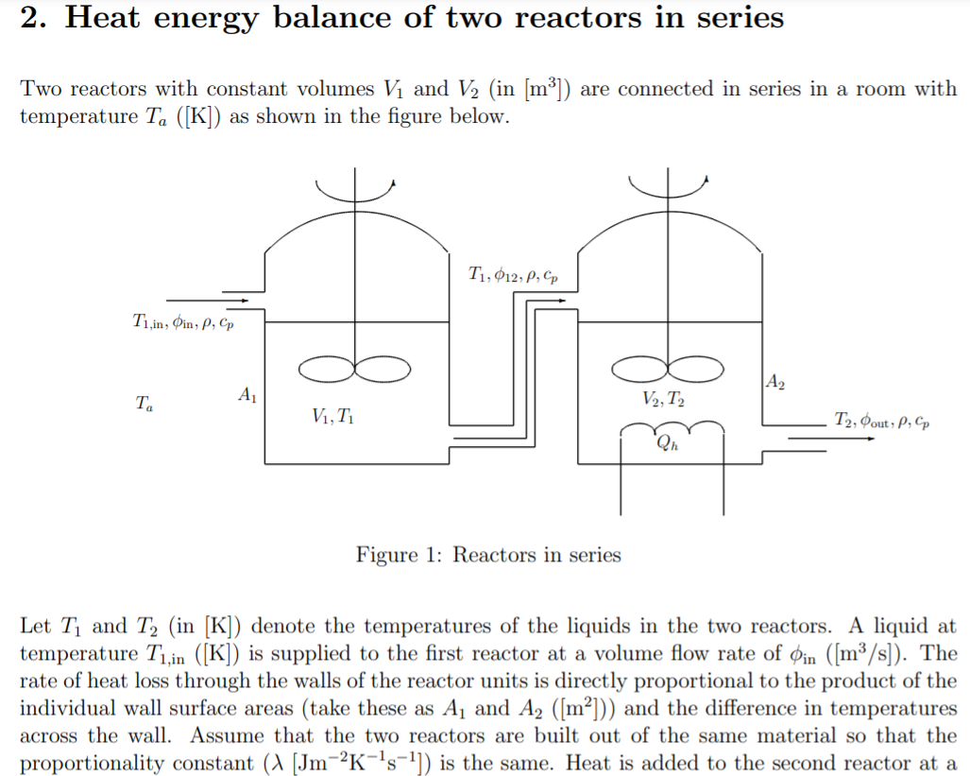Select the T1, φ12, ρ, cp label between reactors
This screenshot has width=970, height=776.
click(512, 276)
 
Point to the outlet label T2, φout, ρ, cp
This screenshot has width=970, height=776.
click(881, 419)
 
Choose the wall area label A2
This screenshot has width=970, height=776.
click(774, 383)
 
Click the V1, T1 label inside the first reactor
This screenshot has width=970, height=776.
click(332, 415)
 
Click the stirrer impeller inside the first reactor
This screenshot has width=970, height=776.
click(354, 367)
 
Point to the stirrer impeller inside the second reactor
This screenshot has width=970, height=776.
click(670, 367)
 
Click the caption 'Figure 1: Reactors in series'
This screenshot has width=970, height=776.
click(488, 555)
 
